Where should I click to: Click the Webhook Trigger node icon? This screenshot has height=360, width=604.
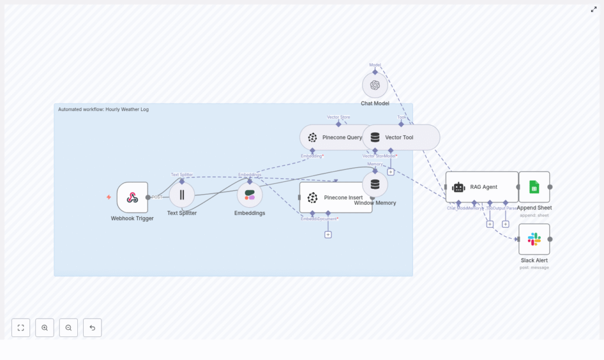point(132,197)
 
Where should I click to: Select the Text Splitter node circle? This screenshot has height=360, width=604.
point(182,195)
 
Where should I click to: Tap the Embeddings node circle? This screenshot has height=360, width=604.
point(250,195)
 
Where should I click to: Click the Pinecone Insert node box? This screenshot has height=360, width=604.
point(336,197)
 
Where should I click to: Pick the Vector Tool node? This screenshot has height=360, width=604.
point(401,138)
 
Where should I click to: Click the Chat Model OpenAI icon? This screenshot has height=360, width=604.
point(375,85)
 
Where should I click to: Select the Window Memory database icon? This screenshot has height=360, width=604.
point(375,184)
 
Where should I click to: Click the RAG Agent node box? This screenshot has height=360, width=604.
point(481,186)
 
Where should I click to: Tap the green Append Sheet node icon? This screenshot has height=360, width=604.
point(534,187)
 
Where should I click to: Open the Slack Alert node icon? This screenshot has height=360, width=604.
point(534,239)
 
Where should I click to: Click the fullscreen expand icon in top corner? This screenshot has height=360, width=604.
point(593,9)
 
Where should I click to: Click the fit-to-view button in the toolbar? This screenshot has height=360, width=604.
point(21,328)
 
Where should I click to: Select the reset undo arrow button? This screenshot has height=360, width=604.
point(92,328)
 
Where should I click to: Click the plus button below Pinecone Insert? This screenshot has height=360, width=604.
point(328,234)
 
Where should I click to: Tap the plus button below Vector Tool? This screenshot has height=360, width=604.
point(390,172)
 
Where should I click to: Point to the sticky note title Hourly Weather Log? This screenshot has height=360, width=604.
point(103,109)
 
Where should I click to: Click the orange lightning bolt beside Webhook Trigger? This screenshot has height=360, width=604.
point(109,197)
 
